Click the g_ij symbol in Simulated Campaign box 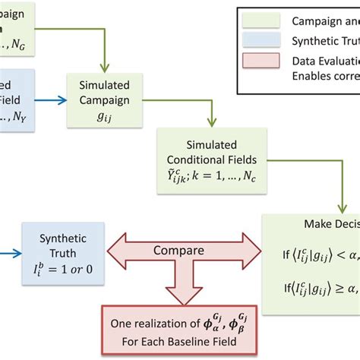pyautogui.click(x=101, y=113)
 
